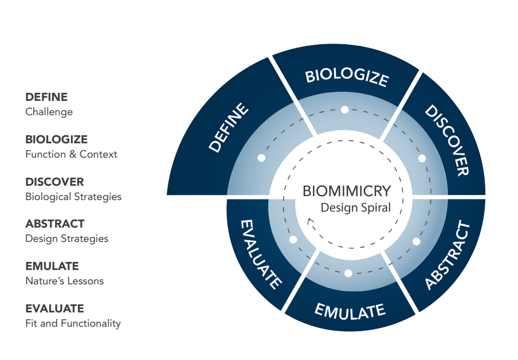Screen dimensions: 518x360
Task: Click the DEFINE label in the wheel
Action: coord(229,127)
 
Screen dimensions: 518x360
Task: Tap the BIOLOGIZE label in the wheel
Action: coord(347,77)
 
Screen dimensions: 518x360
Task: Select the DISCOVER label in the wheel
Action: coord(448,139)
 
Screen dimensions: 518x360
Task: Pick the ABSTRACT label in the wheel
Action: coord(448,256)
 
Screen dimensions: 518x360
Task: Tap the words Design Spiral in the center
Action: coord(355,208)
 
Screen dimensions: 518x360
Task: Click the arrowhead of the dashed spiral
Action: coord(310,221)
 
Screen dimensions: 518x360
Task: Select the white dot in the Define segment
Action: coord(261,158)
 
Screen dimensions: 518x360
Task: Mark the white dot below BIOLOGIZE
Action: coord(344,109)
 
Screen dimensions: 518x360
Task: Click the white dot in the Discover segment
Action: coord(422,158)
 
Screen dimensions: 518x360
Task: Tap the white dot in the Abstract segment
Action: coord(416,241)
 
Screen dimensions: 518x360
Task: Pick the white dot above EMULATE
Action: coord(348,273)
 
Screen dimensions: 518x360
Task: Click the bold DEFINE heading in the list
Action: coord(46,97)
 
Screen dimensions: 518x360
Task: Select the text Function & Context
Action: coord(71,154)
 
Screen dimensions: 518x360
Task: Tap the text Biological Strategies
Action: coord(73,197)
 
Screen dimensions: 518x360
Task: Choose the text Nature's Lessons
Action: coord(64,281)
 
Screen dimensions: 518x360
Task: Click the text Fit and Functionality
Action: coord(73,323)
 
